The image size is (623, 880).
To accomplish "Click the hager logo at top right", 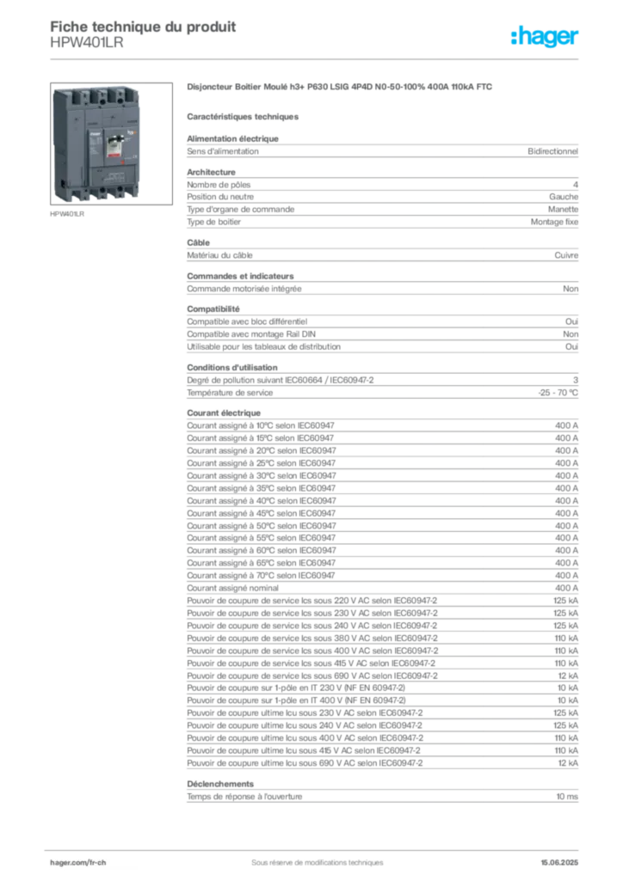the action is coord(544,36).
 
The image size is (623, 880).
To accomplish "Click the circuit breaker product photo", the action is coord(111,144).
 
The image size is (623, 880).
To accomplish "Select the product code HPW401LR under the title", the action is coord(87,43).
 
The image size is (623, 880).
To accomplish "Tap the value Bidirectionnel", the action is coord(552,151).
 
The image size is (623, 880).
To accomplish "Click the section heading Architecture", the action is coord(211,172).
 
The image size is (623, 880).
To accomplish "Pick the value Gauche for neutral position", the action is coord(564,197).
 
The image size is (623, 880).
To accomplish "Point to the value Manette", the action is coord(563,210).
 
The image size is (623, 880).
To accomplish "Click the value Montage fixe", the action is coord(554,223).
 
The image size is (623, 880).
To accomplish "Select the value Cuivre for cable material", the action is coord(566,255).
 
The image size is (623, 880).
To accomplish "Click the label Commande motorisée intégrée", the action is coord(244,289).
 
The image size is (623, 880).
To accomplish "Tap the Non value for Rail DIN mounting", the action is coord(571,334).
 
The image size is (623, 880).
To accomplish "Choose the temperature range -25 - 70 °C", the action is coord(558,393).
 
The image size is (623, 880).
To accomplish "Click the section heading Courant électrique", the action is coord(224,413).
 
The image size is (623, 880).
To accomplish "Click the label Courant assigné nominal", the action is coord(232,588).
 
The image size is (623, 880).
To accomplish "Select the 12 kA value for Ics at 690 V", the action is coord(568,675).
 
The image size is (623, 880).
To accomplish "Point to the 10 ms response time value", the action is coord(567,797).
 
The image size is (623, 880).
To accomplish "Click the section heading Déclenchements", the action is coord(220,784).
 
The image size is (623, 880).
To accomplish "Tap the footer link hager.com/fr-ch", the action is coord(78,863).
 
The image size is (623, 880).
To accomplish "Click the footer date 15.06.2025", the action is coord(559,863).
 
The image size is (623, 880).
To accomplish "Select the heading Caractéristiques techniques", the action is coord(243,117).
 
